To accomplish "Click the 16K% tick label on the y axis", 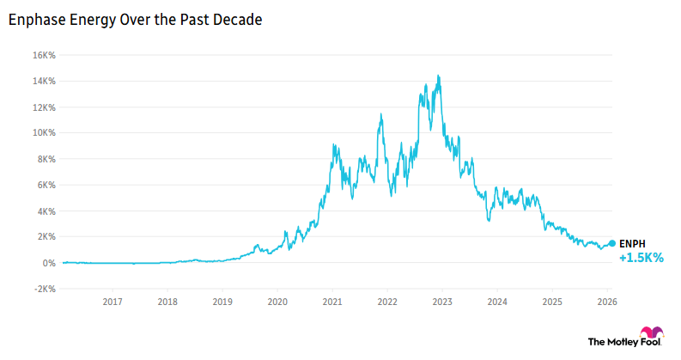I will click(x=44, y=55).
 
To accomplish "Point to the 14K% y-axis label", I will click(x=44, y=81).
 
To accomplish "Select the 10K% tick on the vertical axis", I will click(x=44, y=133).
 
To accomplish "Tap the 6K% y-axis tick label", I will click(x=46, y=185).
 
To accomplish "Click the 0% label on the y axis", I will click(x=49, y=263).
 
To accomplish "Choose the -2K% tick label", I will click(x=45, y=289).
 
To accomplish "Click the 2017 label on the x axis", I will click(x=112, y=302).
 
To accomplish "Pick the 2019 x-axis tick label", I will click(x=222, y=302).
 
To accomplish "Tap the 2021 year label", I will click(x=332, y=302).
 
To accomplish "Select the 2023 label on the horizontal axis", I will click(x=442, y=302).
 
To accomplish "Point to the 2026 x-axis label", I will click(x=607, y=302).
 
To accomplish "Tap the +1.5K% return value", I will click(x=641, y=258).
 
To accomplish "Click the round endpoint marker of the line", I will click(x=611, y=244).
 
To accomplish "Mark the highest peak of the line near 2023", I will click(x=439, y=76).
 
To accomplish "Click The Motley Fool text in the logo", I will click(x=613, y=341).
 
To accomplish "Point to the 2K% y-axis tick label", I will click(x=46, y=237).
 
